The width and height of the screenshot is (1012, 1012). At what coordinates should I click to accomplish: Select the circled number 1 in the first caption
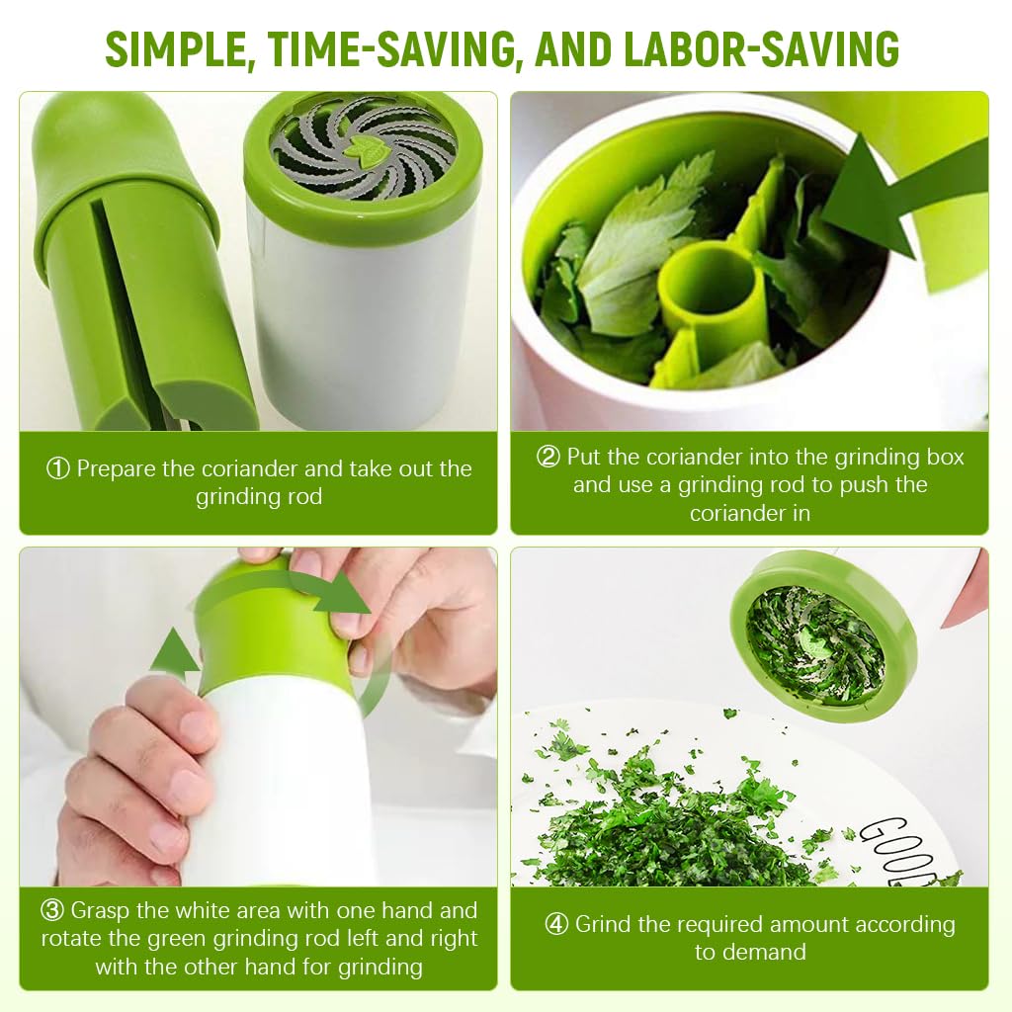(x=58, y=468)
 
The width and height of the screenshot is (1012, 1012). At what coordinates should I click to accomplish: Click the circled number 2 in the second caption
(x=548, y=457)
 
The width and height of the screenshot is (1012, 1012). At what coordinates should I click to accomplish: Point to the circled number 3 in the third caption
(x=52, y=910)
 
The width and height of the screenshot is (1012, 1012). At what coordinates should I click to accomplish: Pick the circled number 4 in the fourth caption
(x=556, y=924)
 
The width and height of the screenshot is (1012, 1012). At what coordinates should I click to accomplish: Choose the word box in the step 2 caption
(x=945, y=457)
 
